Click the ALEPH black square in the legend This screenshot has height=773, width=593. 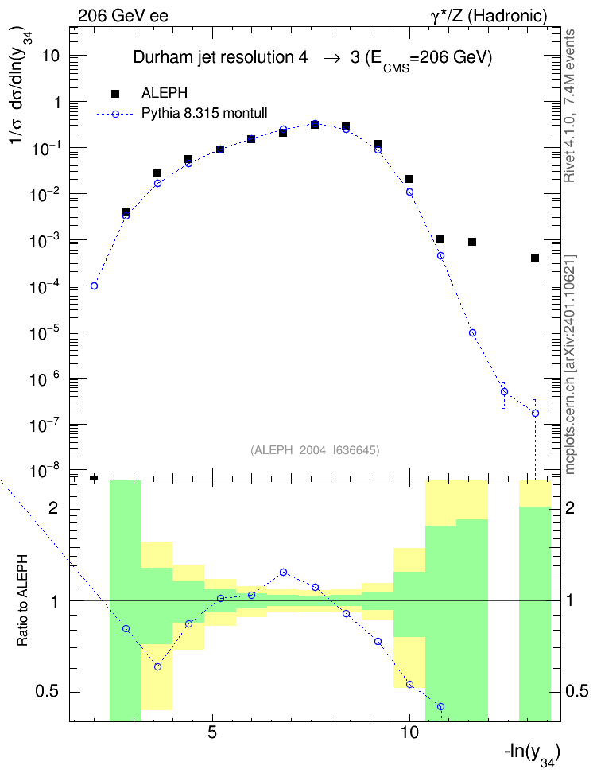[115, 93]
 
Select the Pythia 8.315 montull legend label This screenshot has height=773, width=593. [204, 113]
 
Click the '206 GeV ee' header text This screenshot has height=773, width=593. [122, 16]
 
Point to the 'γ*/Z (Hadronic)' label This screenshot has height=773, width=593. [489, 16]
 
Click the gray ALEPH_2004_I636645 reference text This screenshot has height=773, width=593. [315, 450]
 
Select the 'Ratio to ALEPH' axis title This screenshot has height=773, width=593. [22, 600]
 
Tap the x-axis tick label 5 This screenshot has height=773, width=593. [212, 732]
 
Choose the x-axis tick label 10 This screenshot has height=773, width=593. [409, 732]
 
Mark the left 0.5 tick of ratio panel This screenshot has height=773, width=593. [47, 691]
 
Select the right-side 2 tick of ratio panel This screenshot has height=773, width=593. [570, 507]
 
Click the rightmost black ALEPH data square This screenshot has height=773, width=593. [535, 258]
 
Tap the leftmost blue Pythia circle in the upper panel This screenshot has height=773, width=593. [94, 286]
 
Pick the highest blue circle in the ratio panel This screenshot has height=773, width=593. [284, 573]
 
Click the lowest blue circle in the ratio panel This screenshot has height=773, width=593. [440, 706]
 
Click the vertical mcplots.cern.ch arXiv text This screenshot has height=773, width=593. [570, 365]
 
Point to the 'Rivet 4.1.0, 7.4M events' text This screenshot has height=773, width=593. [569, 106]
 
